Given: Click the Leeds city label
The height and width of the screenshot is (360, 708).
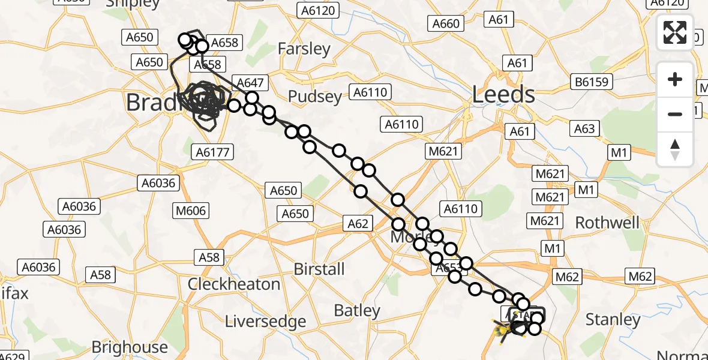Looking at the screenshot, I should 503,94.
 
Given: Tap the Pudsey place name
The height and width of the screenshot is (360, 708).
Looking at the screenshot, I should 315,96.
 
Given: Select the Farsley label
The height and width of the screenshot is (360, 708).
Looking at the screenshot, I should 304,49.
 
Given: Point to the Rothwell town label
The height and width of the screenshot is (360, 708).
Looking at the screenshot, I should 607,223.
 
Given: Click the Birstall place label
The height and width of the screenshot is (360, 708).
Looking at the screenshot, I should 319,269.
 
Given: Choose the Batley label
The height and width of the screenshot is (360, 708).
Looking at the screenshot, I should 357,310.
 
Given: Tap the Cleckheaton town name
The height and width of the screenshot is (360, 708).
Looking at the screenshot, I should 234,284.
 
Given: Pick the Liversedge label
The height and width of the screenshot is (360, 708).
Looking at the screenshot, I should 265,322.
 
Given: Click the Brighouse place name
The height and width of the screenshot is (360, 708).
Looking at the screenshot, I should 130,347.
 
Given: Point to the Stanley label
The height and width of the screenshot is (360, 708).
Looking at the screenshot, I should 613,319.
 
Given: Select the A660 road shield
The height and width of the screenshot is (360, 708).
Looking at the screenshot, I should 446,23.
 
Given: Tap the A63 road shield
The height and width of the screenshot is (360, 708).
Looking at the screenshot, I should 584,128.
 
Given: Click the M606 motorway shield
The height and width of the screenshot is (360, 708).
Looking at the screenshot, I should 191,211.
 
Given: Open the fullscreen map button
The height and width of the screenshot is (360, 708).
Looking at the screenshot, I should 675,32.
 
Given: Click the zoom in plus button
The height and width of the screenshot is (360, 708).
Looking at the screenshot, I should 675,79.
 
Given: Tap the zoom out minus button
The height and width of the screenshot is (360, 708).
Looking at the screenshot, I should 675,114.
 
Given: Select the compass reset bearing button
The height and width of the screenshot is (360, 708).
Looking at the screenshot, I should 675,149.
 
